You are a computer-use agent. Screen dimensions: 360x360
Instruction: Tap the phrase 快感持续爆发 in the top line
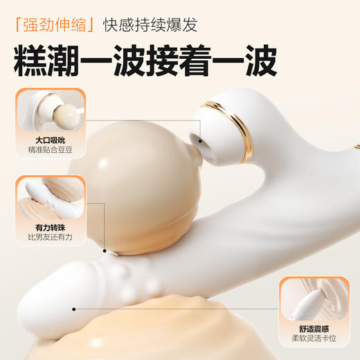click(x=150, y=26)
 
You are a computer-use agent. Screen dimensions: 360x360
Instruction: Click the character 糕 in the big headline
click(x=35, y=62)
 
